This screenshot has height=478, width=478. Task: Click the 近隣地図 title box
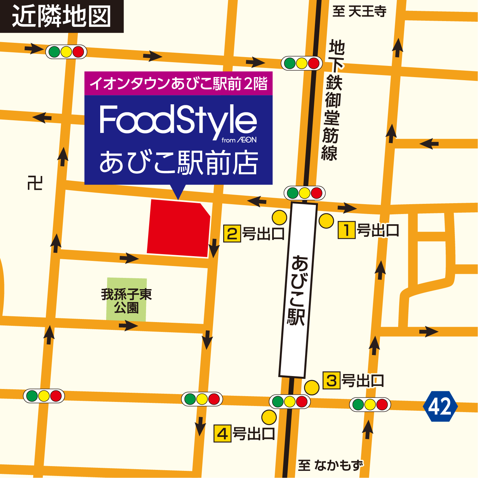click(61, 16)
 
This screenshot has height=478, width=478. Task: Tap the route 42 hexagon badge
click(440, 406)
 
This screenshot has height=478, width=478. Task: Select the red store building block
click(178, 228)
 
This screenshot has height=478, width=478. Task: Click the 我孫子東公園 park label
click(126, 301)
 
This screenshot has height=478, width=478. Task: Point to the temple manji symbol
click(35, 183)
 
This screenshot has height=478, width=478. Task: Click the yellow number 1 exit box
click(347, 230)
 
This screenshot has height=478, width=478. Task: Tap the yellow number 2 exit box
click(232, 234)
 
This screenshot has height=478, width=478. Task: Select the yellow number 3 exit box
click(331, 380)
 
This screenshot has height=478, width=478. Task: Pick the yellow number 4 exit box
click(223, 434)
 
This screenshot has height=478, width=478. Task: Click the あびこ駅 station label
click(298, 290)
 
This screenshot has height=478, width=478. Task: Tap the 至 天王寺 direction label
click(359, 12)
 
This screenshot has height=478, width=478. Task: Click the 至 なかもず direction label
click(330, 465)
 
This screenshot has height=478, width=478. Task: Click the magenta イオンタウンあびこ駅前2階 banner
click(178, 84)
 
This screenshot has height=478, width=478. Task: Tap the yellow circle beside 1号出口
click(326, 221)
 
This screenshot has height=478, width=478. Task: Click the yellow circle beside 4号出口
click(269, 417)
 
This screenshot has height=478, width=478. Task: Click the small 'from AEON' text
click(239, 140)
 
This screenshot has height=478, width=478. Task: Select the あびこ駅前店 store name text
click(178, 163)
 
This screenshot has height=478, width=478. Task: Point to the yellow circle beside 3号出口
click(312, 387)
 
